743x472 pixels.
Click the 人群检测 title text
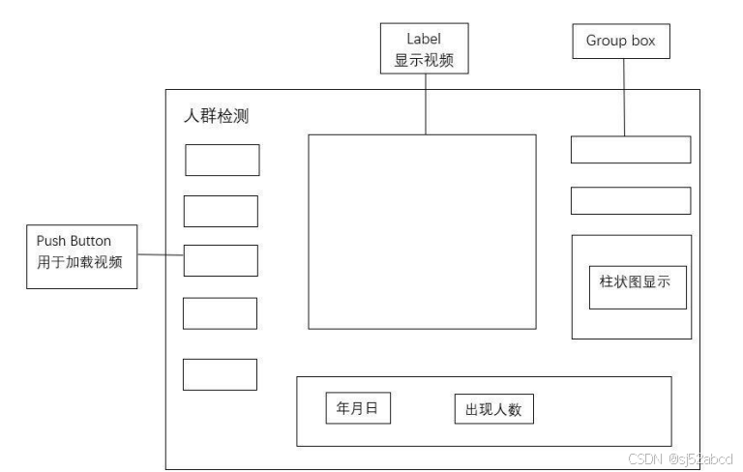219,116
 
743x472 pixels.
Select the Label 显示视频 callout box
425,48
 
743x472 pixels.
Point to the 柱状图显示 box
637,286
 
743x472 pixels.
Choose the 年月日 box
358,408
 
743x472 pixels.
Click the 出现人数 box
493,409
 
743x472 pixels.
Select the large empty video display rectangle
422,231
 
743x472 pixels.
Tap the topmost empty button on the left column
223,160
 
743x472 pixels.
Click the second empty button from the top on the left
221,211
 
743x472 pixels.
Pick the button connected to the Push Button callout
221,260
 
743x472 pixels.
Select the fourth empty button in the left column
220,312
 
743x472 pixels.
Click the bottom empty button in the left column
220,374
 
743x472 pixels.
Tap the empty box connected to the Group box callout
630,150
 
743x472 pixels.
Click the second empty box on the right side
630,200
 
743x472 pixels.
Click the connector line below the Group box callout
623,97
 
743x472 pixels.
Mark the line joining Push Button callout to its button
161,254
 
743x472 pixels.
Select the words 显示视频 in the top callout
425,60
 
